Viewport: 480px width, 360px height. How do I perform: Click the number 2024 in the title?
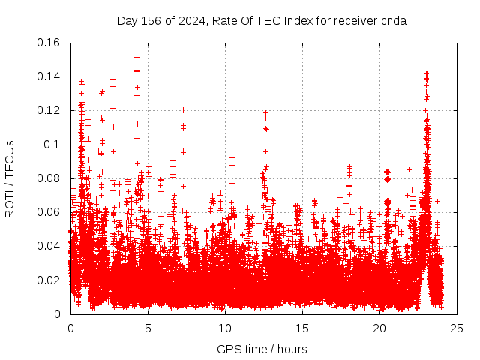coord(190,21)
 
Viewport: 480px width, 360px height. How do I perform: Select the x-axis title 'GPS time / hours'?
coord(262,349)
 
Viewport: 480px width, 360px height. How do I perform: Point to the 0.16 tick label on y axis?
coord(50,43)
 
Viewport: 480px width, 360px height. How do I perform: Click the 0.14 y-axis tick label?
coord(50,76)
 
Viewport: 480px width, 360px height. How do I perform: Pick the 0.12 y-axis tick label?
coord(50,110)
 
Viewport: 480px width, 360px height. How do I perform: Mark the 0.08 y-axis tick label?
coord(50,178)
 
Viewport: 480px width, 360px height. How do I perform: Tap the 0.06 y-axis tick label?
coord(50,212)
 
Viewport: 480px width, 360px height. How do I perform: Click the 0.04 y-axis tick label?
coord(50,246)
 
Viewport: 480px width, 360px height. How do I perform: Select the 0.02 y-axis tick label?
coord(50,280)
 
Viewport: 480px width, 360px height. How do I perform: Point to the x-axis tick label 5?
coord(148,328)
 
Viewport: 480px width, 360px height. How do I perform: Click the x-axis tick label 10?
coord(225,328)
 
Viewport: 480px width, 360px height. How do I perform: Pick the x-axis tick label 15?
coord(302,328)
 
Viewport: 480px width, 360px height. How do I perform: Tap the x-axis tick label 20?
coord(379,328)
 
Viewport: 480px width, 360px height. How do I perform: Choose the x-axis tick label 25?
coord(457,328)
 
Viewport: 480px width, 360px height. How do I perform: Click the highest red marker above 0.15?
coord(136,57)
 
